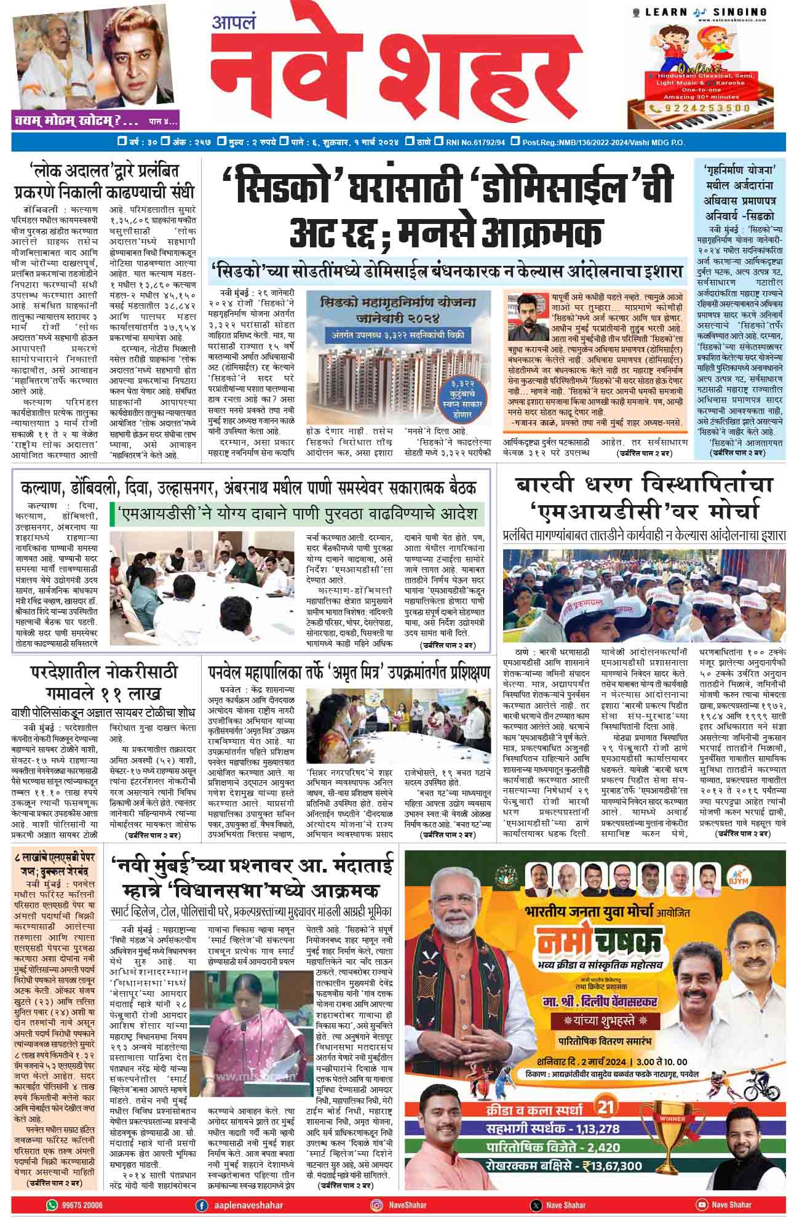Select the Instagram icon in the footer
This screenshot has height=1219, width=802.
[x=376, y=1205]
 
